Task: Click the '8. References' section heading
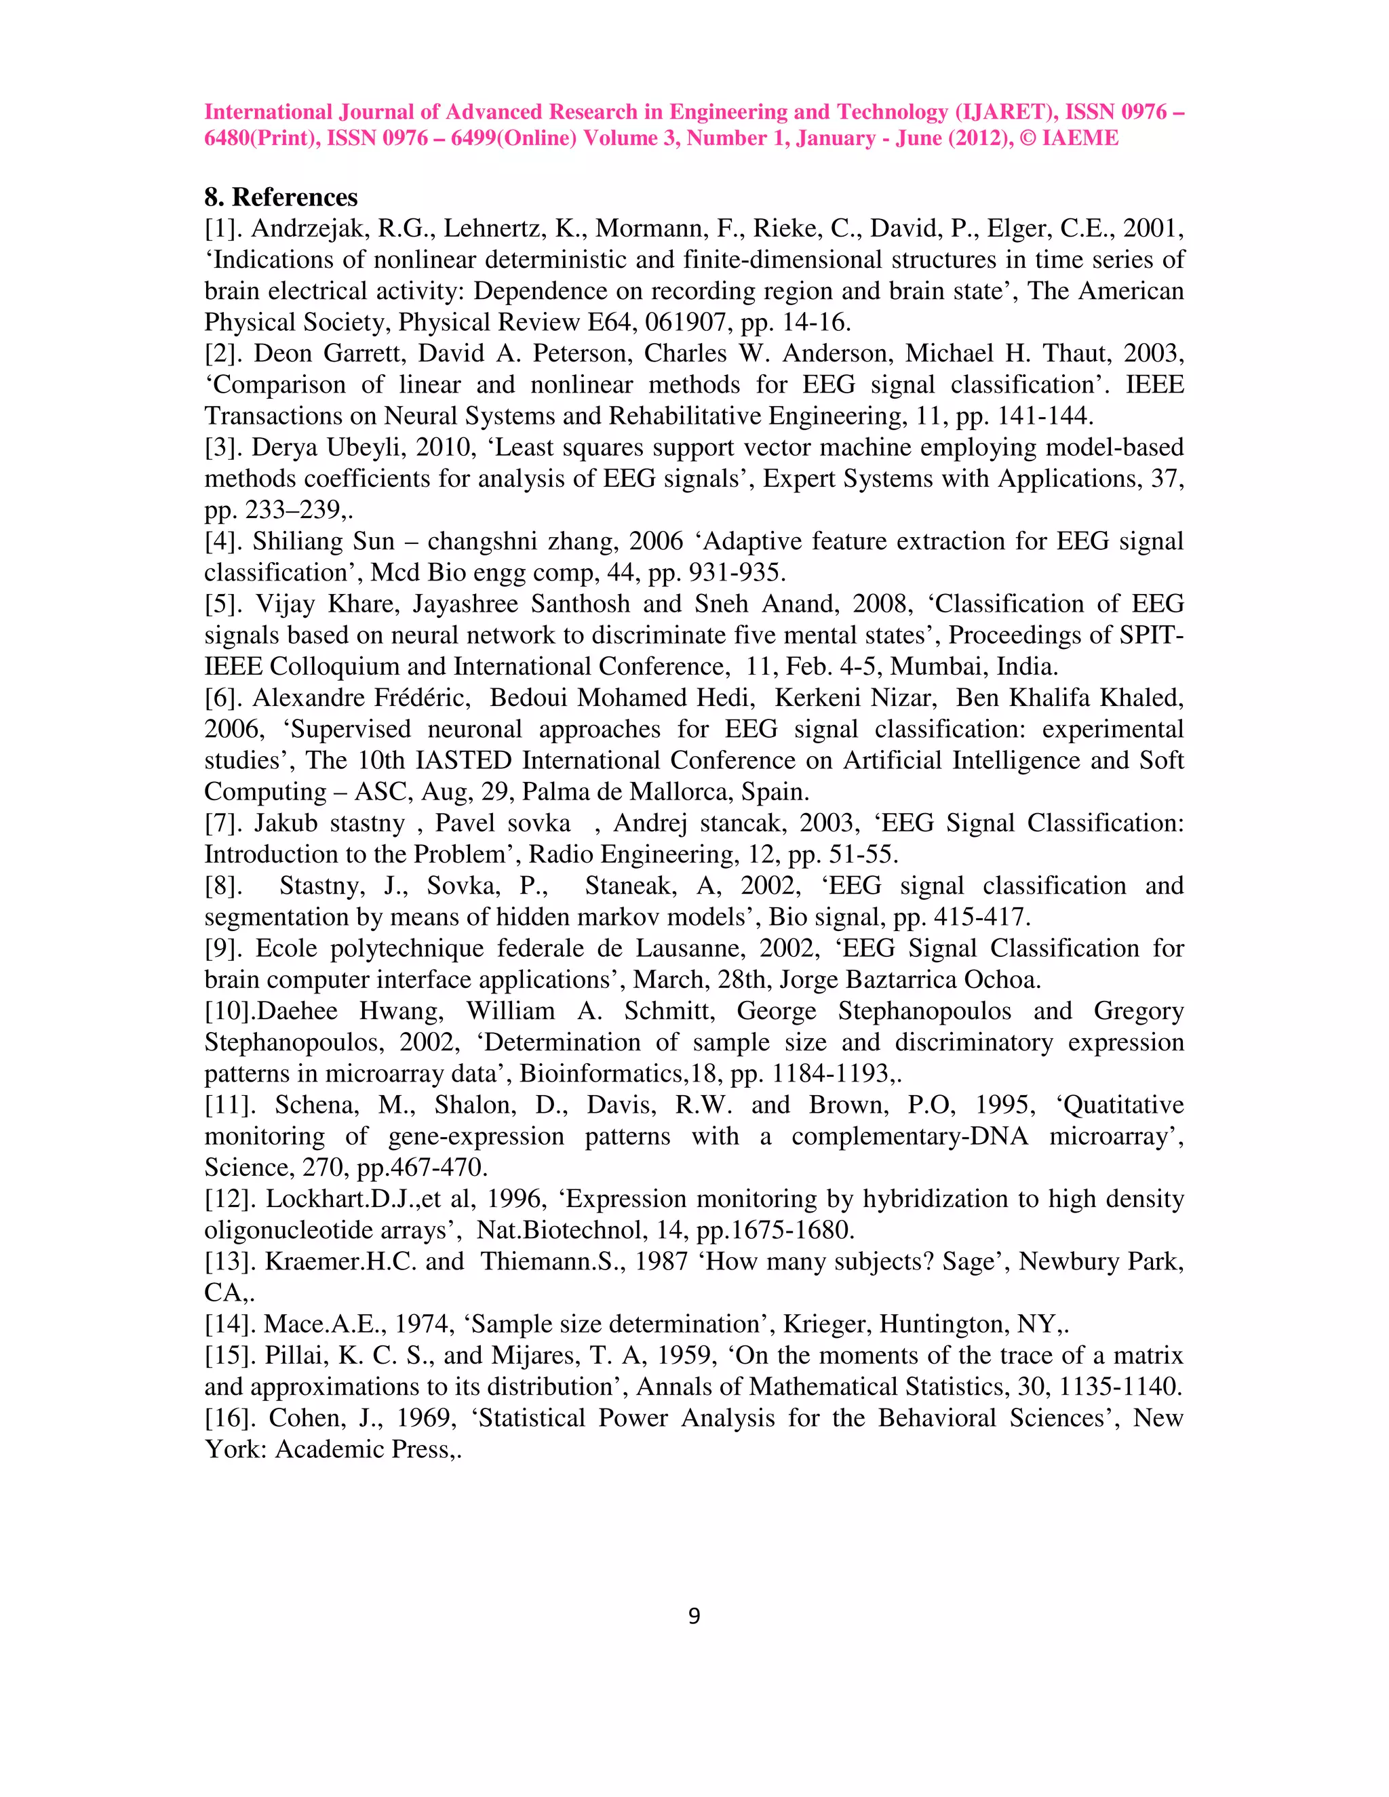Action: click(x=281, y=197)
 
